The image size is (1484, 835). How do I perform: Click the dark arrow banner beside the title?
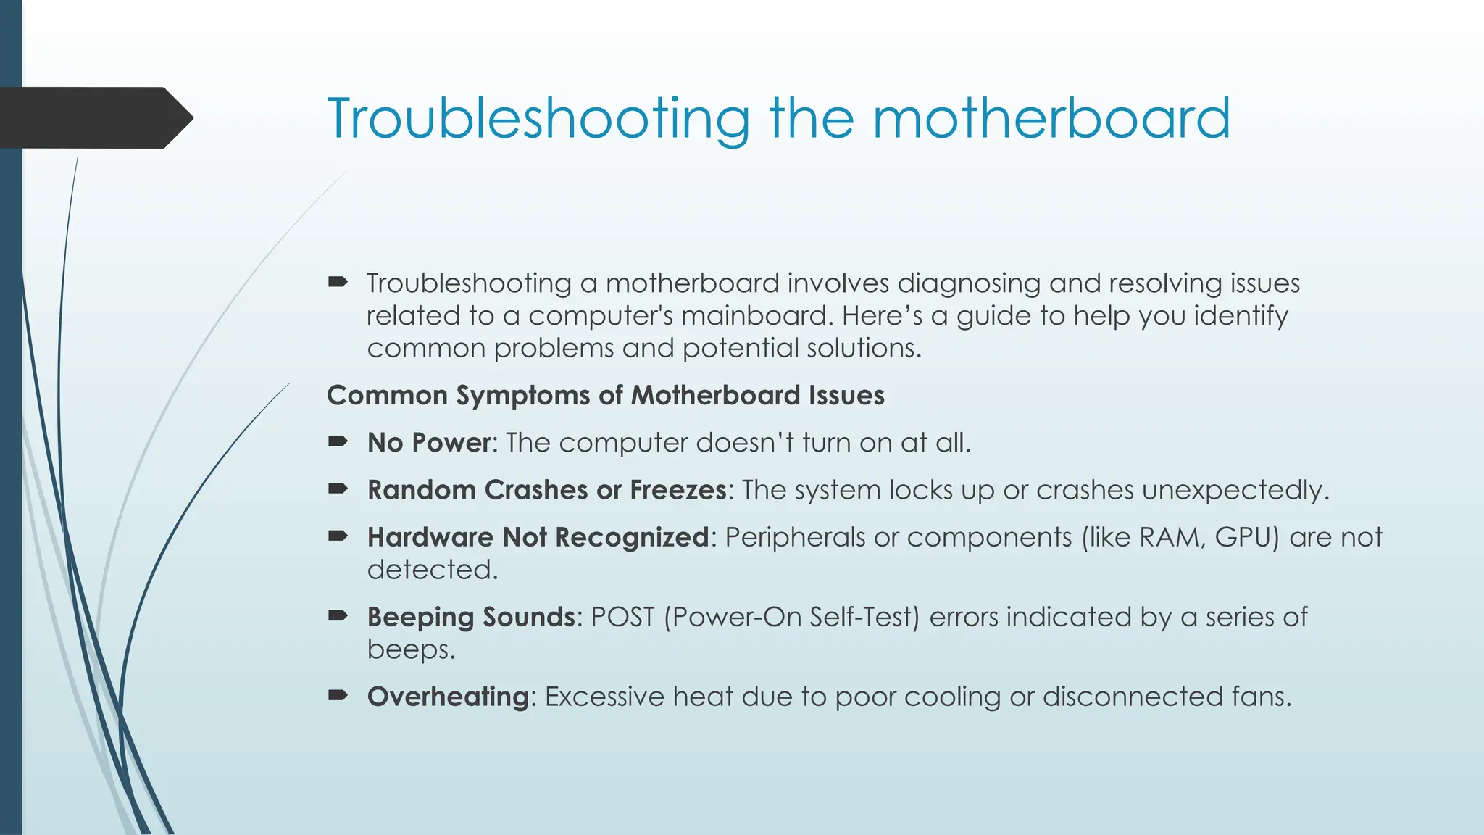pos(94,117)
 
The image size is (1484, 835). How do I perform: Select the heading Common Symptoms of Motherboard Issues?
pos(605,396)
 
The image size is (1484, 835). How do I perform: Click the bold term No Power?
pos(429,443)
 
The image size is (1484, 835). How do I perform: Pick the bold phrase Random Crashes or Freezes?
pos(546,490)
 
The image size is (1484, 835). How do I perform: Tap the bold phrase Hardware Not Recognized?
pos(538,537)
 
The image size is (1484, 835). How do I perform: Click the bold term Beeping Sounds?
pos(471,617)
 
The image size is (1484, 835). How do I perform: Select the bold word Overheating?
pos(449,697)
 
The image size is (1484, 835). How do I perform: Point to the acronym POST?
pos(622,617)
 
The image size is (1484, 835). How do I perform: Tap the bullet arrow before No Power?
pos(338,441)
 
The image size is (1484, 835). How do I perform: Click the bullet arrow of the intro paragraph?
pos(338,282)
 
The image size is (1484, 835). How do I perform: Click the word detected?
pos(432,570)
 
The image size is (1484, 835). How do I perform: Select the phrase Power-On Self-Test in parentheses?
pos(791,617)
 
